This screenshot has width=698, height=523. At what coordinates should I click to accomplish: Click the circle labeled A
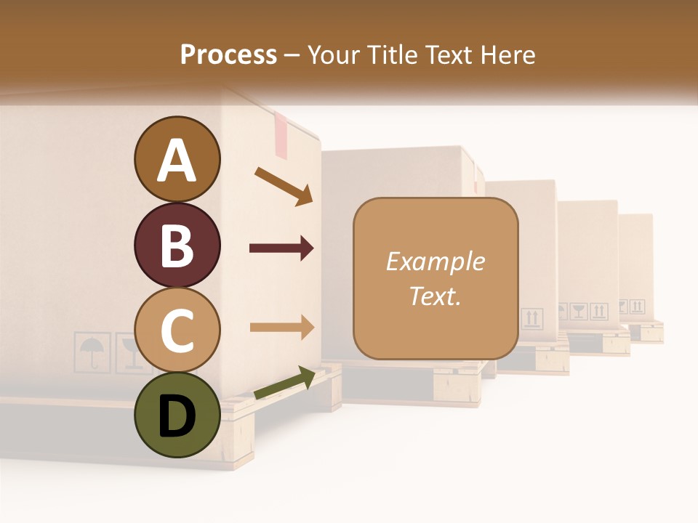(177, 159)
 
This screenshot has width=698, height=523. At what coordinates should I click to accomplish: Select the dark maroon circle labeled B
(177, 245)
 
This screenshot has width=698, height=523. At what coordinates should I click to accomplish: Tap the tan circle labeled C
(177, 330)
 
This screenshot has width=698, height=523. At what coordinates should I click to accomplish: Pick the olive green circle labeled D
(177, 415)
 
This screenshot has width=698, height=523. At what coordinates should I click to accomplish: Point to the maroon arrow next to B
(281, 248)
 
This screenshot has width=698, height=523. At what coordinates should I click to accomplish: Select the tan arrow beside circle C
(281, 327)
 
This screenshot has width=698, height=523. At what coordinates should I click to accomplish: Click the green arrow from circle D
(284, 384)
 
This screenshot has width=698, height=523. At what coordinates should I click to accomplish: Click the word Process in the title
(228, 54)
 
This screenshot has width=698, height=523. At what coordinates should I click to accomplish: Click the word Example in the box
(435, 261)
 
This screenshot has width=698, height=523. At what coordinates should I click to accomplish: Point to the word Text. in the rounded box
(435, 296)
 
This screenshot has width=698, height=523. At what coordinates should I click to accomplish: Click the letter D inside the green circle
(177, 416)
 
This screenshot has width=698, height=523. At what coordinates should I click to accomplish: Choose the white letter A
(177, 161)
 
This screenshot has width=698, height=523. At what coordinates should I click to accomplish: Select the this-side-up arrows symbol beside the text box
(531, 318)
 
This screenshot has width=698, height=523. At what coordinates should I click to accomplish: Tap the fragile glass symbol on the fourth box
(579, 312)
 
